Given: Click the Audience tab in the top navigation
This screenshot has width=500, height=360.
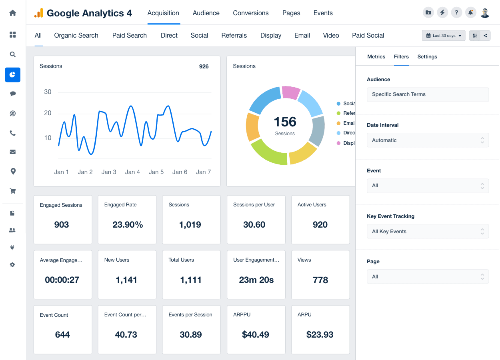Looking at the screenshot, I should [x=206, y=13].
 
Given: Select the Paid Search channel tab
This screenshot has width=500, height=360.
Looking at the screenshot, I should [x=129, y=35].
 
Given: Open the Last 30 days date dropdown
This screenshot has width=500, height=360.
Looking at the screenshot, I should [x=444, y=36].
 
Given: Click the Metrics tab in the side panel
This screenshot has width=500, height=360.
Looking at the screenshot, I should [x=376, y=56].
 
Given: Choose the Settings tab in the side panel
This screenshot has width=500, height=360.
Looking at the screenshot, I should [x=427, y=56].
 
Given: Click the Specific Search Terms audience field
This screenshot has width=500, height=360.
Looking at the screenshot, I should [x=428, y=94].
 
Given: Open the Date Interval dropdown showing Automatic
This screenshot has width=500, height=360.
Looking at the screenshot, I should [x=428, y=140].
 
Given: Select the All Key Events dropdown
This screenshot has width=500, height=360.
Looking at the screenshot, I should [x=428, y=232].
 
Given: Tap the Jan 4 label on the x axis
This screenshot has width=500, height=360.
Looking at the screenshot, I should [x=132, y=172].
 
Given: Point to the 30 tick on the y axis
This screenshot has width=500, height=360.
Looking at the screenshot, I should [x=48, y=92].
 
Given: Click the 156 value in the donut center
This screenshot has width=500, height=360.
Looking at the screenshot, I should [x=285, y=122].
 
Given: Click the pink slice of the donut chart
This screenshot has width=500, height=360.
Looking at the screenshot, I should [x=291, y=92].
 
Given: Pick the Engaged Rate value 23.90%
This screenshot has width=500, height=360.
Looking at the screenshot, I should [x=128, y=225].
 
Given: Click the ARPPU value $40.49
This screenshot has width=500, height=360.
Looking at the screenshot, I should [x=256, y=335].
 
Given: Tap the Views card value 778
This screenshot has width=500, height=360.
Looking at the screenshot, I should [x=320, y=280].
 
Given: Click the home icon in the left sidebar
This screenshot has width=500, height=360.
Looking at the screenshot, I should [x=13, y=13].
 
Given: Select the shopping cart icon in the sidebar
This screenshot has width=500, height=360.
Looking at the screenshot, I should [x=13, y=191].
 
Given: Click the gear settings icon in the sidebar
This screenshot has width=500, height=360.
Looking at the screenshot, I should [x=12, y=265].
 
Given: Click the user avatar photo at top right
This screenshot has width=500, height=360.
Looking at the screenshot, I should [x=485, y=13].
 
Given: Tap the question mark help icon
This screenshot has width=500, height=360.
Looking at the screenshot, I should [x=456, y=12].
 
